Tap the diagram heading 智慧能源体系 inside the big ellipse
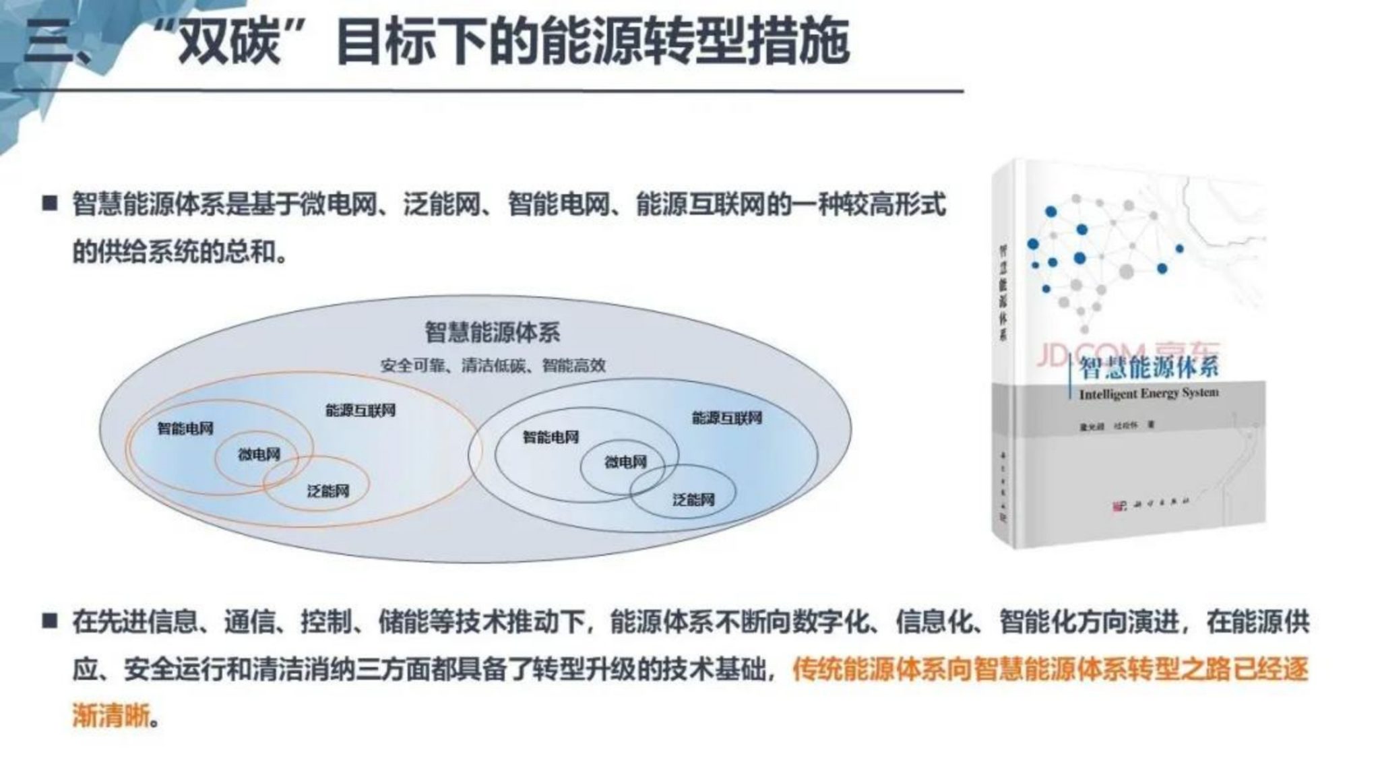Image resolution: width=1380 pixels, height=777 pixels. click(492, 332)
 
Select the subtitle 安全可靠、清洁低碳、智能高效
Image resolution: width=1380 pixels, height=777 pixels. click(493, 366)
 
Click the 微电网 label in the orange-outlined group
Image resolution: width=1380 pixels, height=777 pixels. click(259, 455)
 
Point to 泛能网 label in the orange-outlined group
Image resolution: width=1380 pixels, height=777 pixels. click(328, 491)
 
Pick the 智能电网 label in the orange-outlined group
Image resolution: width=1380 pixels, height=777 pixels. click(185, 429)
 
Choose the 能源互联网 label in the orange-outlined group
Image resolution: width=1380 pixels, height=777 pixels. click(360, 410)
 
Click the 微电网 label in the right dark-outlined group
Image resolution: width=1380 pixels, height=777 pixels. click(625, 462)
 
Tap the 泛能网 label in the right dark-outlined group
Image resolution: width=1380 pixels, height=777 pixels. click(693, 499)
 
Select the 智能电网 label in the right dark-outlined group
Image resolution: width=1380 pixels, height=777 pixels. click(551, 437)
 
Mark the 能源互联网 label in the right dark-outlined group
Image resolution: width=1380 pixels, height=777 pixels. click(727, 418)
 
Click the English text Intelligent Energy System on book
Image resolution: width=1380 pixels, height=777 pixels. click(1149, 393)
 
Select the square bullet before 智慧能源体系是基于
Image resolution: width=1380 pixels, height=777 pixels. click(50, 204)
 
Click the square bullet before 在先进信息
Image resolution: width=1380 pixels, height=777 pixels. click(50, 621)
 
